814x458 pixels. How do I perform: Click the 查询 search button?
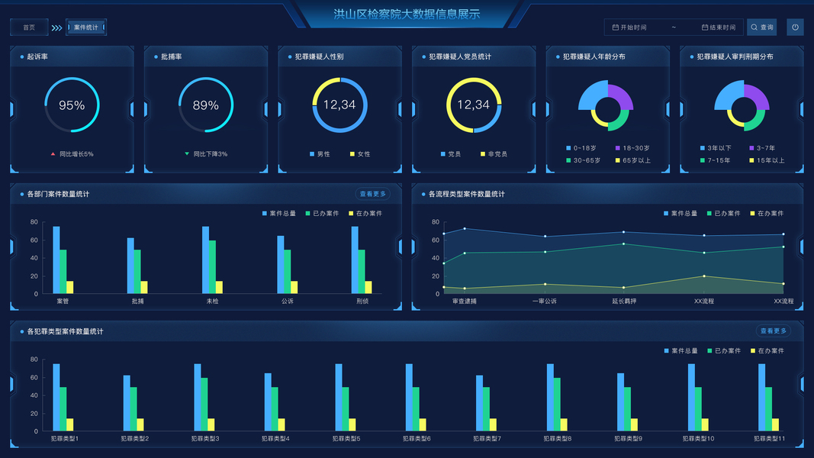pyautogui.click(x=761, y=27)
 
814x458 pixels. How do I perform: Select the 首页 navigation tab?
pyautogui.click(x=29, y=27)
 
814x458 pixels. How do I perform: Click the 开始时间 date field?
pyautogui.click(x=633, y=27)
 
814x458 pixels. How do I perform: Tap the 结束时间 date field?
pyautogui.click(x=722, y=27)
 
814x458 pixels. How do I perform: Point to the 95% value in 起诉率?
pyautogui.click(x=72, y=105)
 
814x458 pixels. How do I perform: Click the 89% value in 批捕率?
pyautogui.click(x=206, y=105)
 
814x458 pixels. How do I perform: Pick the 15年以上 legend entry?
pyautogui.click(x=768, y=160)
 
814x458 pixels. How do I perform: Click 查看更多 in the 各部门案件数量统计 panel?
pyautogui.click(x=372, y=194)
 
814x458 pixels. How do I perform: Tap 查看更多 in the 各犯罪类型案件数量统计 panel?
pyautogui.click(x=774, y=331)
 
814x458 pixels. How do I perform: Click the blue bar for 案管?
pyautogui.click(x=56, y=260)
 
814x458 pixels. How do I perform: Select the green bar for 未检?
pyautogui.click(x=212, y=267)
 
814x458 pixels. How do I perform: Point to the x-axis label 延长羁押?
pyautogui.click(x=624, y=302)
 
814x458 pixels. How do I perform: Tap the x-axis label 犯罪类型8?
pyautogui.click(x=558, y=439)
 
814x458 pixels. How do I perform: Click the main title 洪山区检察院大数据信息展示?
pyautogui.click(x=407, y=14)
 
